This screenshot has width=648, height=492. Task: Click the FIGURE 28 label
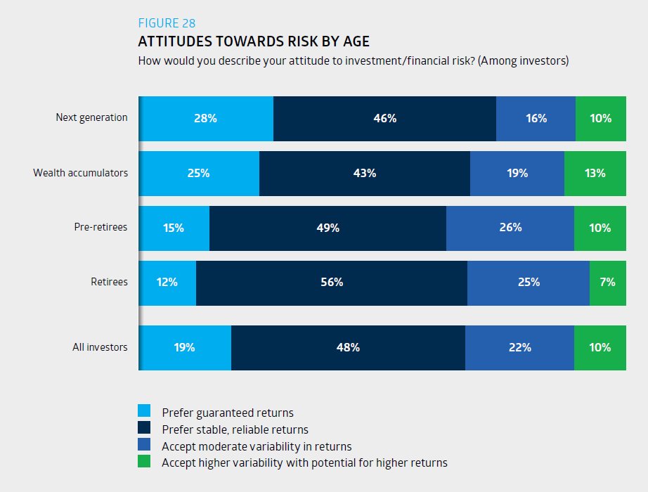[167, 23]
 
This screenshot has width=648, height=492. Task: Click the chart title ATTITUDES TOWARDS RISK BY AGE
[253, 41]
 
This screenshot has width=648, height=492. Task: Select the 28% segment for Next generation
[205, 118]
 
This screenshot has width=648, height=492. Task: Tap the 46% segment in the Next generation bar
[384, 118]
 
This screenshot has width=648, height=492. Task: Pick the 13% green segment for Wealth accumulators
[595, 173]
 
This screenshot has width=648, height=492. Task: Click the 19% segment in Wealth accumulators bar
[517, 173]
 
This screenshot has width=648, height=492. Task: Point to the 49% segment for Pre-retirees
[328, 228]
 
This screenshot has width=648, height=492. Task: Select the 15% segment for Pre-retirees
[174, 228]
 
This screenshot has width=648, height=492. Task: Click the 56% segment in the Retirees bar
[331, 283]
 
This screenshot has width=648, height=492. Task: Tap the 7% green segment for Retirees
[607, 283]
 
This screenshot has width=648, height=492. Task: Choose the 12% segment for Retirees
[167, 283]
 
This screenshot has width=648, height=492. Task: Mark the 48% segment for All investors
[348, 347]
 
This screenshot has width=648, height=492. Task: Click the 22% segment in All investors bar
[519, 347]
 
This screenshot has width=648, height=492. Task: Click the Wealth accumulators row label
[80, 173]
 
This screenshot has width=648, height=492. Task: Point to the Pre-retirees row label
[101, 228]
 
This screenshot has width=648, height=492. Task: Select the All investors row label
[100, 347]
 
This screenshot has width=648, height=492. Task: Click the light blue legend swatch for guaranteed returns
[144, 411]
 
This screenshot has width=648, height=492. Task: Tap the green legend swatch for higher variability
[144, 462]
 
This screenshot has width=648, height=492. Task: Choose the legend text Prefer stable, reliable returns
[235, 429]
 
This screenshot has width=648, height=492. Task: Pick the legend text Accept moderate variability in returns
[257, 446]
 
